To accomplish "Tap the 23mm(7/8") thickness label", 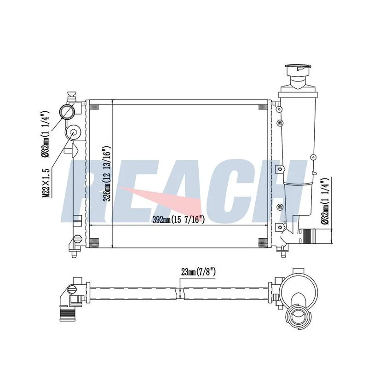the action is (198, 272).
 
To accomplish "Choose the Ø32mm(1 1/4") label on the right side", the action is (326, 201).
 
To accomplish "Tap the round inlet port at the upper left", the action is (67, 112).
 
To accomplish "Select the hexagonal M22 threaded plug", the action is (74, 132).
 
